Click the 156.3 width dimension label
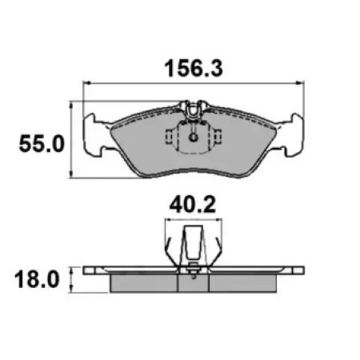point(194,69)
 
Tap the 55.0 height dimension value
point(42,144)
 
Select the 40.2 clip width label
point(193,206)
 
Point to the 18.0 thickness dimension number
point(37,279)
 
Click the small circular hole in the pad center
point(194,138)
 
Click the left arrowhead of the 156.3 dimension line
point(86,83)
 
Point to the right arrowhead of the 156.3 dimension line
point(301,83)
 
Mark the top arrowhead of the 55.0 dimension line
point(71,105)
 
